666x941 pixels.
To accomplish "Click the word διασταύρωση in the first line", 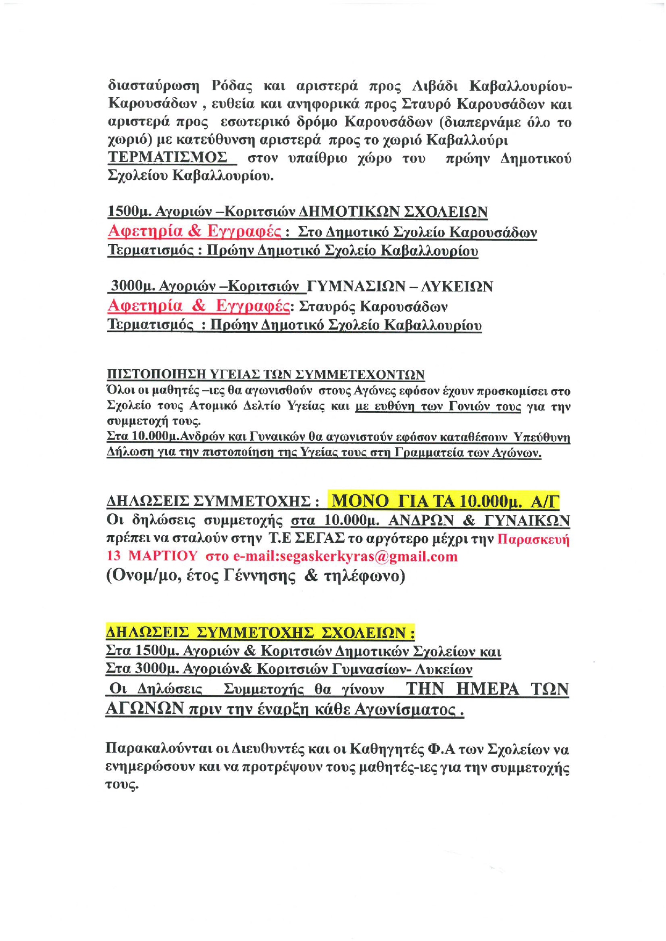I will [154, 86].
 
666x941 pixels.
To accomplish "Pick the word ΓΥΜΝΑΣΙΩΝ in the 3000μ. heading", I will [356, 286].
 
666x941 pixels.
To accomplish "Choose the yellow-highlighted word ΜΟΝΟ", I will [360, 501].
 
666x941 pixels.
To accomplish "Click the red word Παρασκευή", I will [533, 538].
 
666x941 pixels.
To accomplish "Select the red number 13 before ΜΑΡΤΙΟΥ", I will [114, 556].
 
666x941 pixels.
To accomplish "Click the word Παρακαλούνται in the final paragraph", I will [159, 749].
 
